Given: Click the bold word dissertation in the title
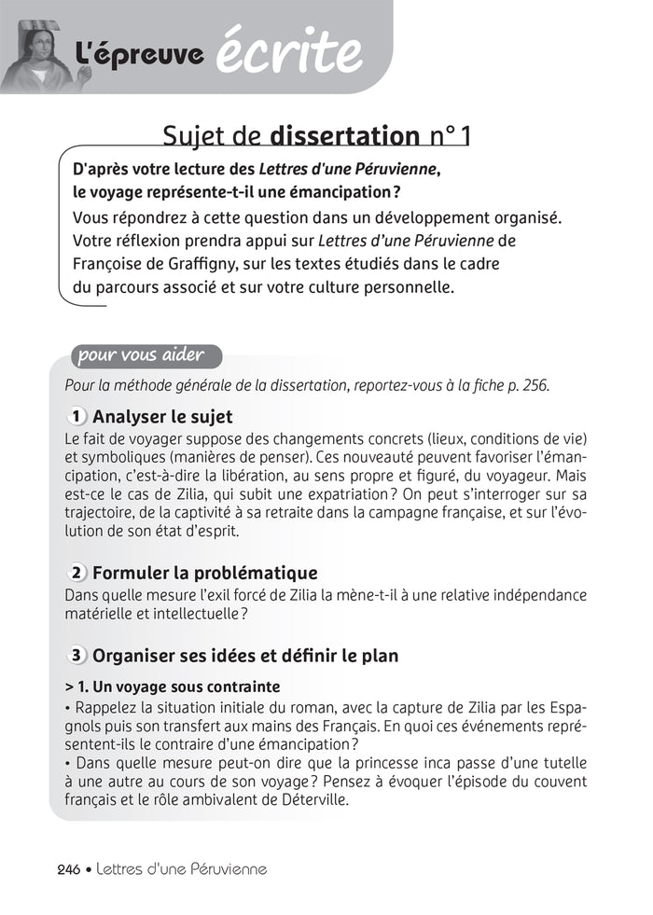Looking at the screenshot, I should pos(344,136).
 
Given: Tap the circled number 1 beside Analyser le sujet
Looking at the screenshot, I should pos(77,416).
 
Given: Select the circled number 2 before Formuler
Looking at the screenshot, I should pos(77,573).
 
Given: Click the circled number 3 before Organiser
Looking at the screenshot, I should pos(77,656).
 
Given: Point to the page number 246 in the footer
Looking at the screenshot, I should pos(69,868).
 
